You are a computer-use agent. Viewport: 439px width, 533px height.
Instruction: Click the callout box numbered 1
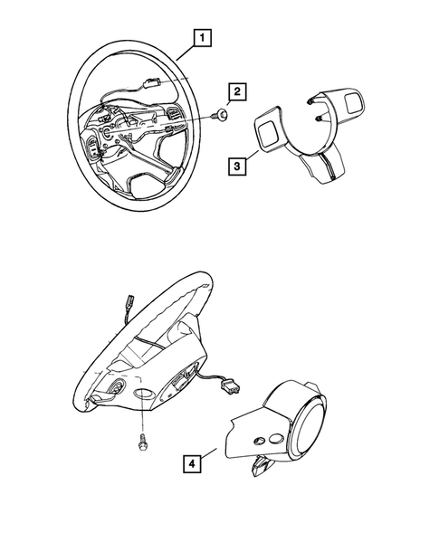point(204,37)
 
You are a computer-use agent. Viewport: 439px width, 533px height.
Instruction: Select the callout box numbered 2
point(237,91)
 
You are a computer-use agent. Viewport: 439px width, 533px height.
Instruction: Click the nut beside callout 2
point(220,115)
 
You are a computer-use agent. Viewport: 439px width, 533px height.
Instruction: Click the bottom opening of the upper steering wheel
point(146,185)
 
